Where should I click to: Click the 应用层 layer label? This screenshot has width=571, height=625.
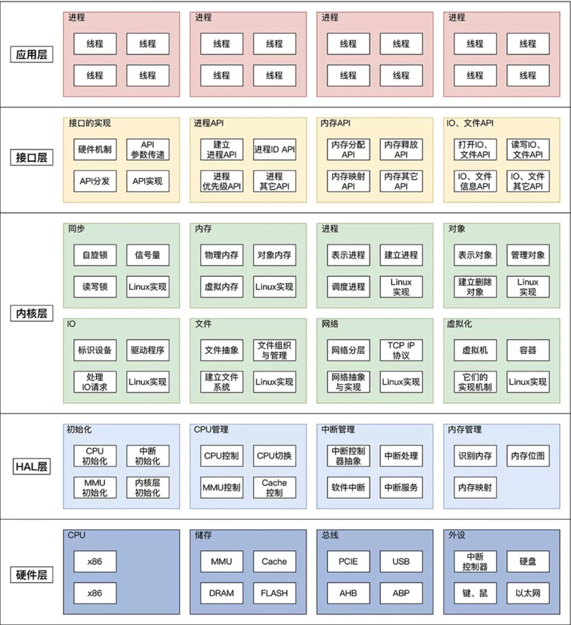pyautogui.click(x=32, y=54)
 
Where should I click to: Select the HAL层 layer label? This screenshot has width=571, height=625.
pyautogui.click(x=32, y=466)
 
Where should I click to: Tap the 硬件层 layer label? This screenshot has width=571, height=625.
pyautogui.click(x=32, y=575)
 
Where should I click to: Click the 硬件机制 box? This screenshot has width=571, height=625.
pyautogui.click(x=95, y=149)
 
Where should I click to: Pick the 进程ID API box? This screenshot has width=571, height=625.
pyautogui.click(x=274, y=149)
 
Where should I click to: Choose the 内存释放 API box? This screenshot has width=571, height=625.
pyautogui.click(x=401, y=149)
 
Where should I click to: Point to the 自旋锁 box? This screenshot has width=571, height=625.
pyautogui.click(x=95, y=255)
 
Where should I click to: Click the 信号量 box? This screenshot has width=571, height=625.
pyautogui.click(x=148, y=255)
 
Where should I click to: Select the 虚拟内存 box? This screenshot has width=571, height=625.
pyautogui.click(x=222, y=287)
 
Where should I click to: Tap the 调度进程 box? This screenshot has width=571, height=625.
pyautogui.click(x=348, y=287)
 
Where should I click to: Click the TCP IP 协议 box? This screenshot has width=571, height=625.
pyautogui.click(x=401, y=350)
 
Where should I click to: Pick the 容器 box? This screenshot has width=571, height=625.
pyautogui.click(x=528, y=350)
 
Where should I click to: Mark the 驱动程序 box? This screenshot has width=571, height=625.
pyautogui.click(x=148, y=350)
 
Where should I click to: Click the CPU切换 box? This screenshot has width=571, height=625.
pyautogui.click(x=274, y=456)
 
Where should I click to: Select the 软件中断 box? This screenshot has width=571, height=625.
pyautogui.click(x=348, y=487)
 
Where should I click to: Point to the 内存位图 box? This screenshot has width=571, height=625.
pyautogui.click(x=528, y=456)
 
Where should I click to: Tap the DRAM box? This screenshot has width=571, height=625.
pyautogui.click(x=222, y=593)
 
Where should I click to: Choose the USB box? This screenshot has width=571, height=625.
pyautogui.click(x=401, y=561)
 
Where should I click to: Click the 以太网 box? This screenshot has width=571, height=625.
pyautogui.click(x=528, y=593)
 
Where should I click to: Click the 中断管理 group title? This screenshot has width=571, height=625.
pyautogui.click(x=338, y=429)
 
